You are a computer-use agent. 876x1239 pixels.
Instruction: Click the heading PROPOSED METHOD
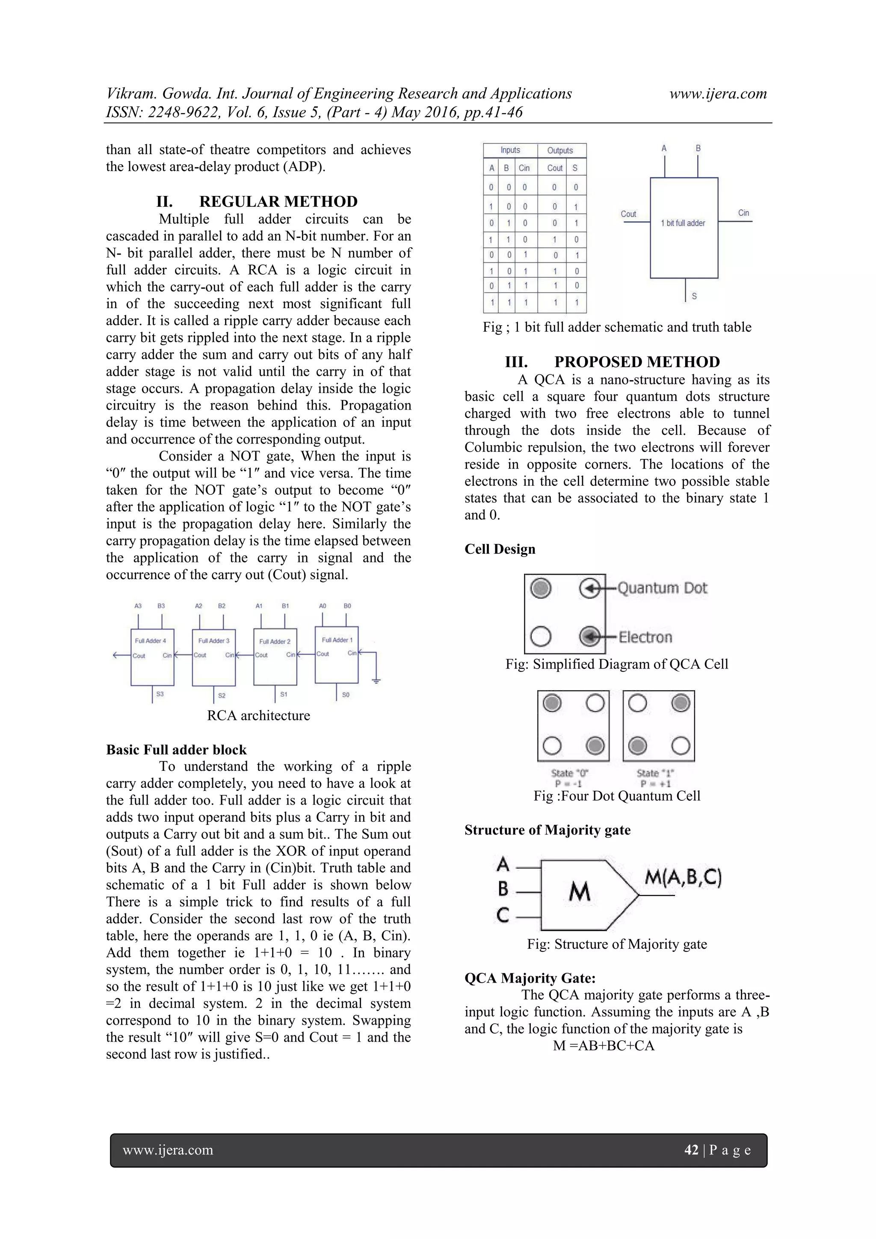636,362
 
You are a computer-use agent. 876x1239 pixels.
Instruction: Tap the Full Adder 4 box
152,657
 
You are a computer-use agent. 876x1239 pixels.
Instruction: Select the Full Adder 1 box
337,654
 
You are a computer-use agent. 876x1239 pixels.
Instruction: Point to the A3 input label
138,606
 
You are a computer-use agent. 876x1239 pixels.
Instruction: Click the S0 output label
346,695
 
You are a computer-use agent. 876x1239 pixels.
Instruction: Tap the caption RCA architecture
258,716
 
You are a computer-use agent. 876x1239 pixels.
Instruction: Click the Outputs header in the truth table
560,151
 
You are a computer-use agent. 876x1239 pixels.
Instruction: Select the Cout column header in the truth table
554,168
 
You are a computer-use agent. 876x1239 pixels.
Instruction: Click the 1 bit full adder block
684,227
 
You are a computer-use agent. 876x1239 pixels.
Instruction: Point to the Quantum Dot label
662,588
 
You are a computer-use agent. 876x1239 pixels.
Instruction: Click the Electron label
645,637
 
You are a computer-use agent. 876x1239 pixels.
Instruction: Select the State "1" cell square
659,725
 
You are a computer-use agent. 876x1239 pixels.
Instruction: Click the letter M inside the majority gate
579,891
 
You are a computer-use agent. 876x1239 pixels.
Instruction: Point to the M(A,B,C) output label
683,878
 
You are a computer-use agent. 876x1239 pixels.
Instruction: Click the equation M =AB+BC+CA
603,1046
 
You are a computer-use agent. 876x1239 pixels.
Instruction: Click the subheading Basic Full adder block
176,749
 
